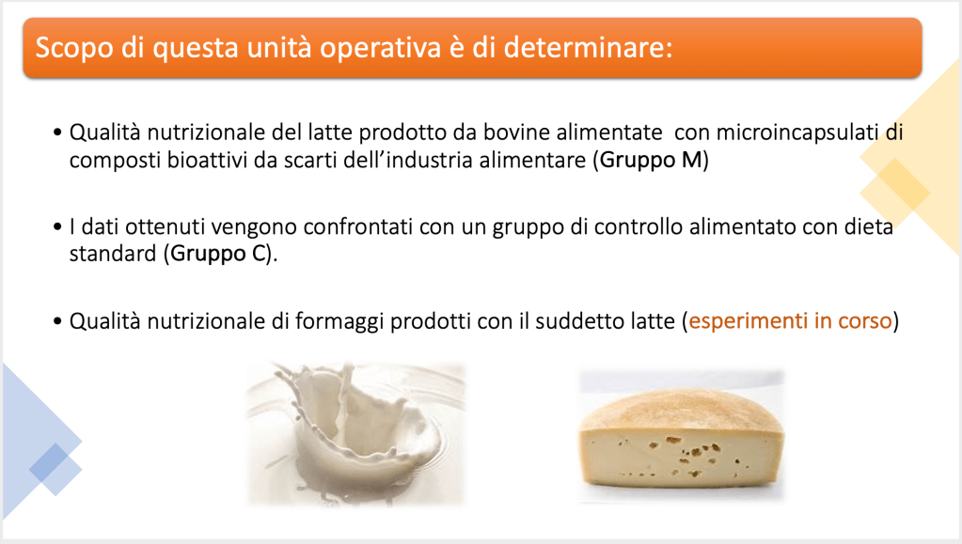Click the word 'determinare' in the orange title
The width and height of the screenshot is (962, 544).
(x=588, y=48)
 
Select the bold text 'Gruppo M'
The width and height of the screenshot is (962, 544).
(x=651, y=161)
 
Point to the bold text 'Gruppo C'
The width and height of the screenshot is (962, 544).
(x=217, y=255)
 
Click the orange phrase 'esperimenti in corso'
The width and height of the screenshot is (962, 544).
(x=790, y=320)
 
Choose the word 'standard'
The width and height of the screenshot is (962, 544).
(x=113, y=254)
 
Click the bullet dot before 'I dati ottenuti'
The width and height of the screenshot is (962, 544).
(x=57, y=227)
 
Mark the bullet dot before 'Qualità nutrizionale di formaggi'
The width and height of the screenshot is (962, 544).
(x=57, y=321)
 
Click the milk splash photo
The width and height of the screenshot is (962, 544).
(x=355, y=434)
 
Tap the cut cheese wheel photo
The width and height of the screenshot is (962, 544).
(x=682, y=437)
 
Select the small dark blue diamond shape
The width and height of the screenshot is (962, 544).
(x=49, y=462)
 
